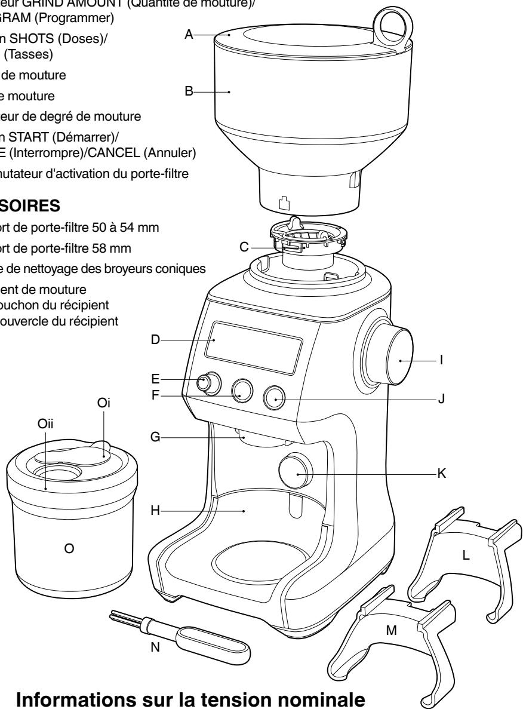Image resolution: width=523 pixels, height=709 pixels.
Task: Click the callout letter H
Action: click(155, 511)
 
